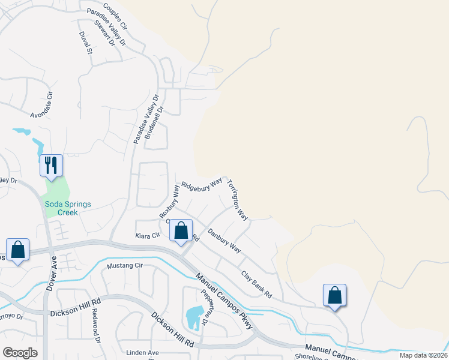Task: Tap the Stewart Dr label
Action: [104, 35]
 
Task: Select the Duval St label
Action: [86, 43]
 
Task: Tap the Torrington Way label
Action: [238, 199]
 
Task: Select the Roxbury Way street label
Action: [169, 201]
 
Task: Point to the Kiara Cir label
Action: [147, 236]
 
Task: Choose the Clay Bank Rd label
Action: [256, 285]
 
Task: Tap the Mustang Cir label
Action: [125, 265]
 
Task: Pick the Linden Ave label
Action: [142, 352]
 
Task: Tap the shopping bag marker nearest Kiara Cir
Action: [181, 231]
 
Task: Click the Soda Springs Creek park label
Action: [68, 208]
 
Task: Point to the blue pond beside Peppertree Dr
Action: [194, 317]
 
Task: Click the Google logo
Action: [20, 353]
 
